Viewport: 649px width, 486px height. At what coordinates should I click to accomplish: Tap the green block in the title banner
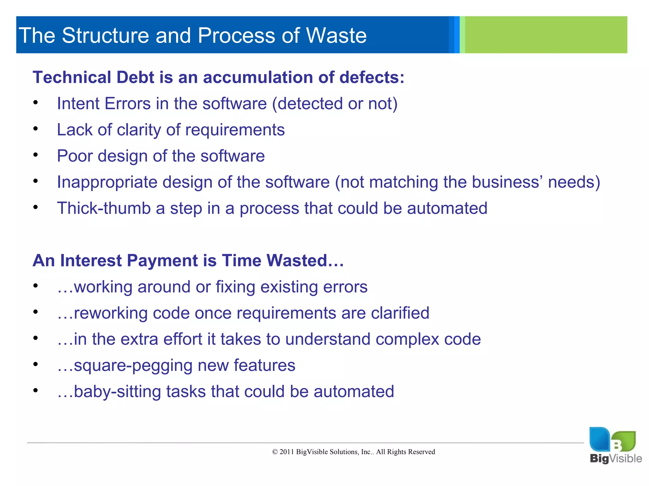545,35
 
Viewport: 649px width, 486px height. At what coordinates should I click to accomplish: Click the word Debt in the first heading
135,78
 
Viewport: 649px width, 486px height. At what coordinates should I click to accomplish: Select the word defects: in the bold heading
372,78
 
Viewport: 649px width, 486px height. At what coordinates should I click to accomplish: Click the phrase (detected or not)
335,104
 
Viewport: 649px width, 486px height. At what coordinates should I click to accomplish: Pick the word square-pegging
133,366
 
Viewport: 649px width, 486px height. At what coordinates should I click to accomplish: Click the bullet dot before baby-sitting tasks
35,390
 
